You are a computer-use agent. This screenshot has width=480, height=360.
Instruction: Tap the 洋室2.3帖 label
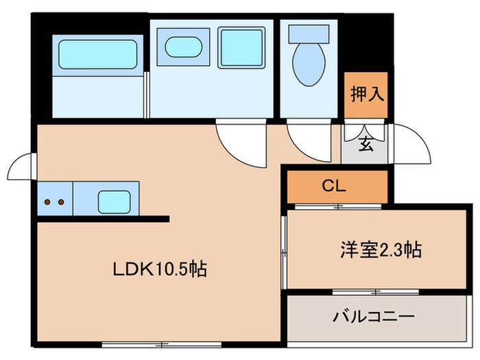379,250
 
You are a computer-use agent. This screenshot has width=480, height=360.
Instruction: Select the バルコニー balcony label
374,317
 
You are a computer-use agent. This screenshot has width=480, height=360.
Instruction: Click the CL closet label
335,186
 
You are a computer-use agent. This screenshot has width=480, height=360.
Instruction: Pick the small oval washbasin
183,47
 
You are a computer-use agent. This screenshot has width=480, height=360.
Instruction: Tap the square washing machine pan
241,47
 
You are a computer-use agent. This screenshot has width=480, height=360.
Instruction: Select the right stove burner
61,202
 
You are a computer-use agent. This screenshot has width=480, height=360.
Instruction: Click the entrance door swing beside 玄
409,145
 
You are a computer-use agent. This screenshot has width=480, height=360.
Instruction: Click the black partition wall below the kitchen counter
103,219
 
